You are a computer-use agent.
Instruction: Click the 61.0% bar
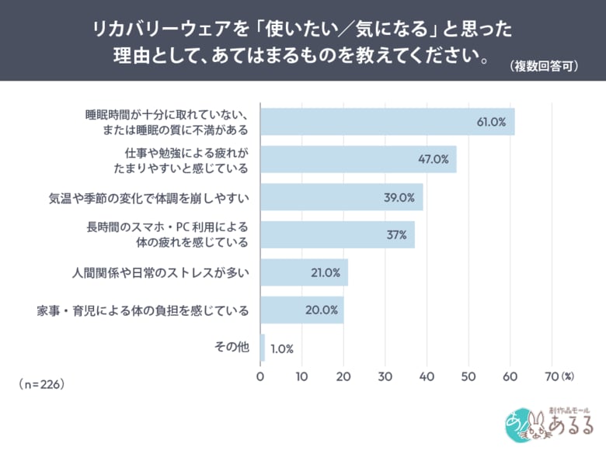tap(387, 122)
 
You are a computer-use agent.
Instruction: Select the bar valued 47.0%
tap(358, 159)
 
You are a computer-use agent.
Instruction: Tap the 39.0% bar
tap(341, 197)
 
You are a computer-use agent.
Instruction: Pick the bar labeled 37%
tap(337, 234)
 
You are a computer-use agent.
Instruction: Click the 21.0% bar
tap(304, 272)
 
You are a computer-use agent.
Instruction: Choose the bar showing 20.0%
tap(301, 310)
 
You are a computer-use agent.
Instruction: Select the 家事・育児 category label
tap(143, 310)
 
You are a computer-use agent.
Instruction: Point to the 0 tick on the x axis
tap(260, 376)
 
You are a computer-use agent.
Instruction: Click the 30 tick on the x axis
tap(385, 376)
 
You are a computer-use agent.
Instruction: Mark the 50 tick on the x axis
tap(468, 376)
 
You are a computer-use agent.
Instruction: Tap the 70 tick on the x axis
tap(551, 376)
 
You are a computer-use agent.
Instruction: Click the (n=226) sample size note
tap(40, 384)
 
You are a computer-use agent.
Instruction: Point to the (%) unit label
tap(567, 376)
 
